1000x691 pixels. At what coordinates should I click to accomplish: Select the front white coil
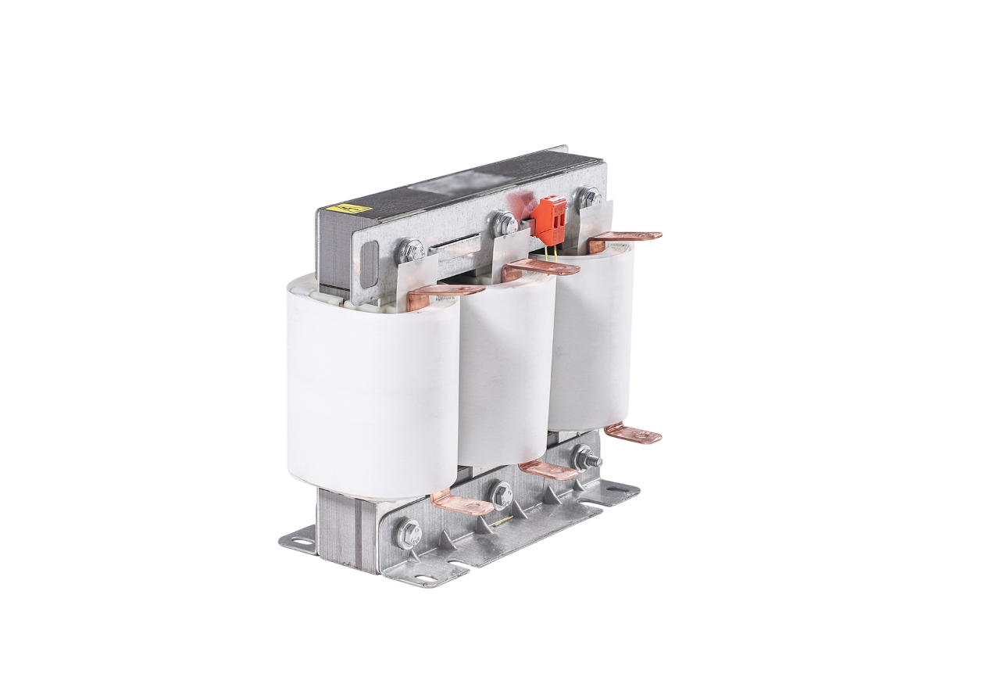[373, 383]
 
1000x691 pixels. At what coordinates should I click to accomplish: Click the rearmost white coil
[592, 336]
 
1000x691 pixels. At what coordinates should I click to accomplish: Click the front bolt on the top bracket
[410, 251]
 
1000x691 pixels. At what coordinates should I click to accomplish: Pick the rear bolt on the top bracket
[587, 196]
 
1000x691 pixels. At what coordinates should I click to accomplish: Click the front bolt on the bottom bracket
[409, 533]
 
